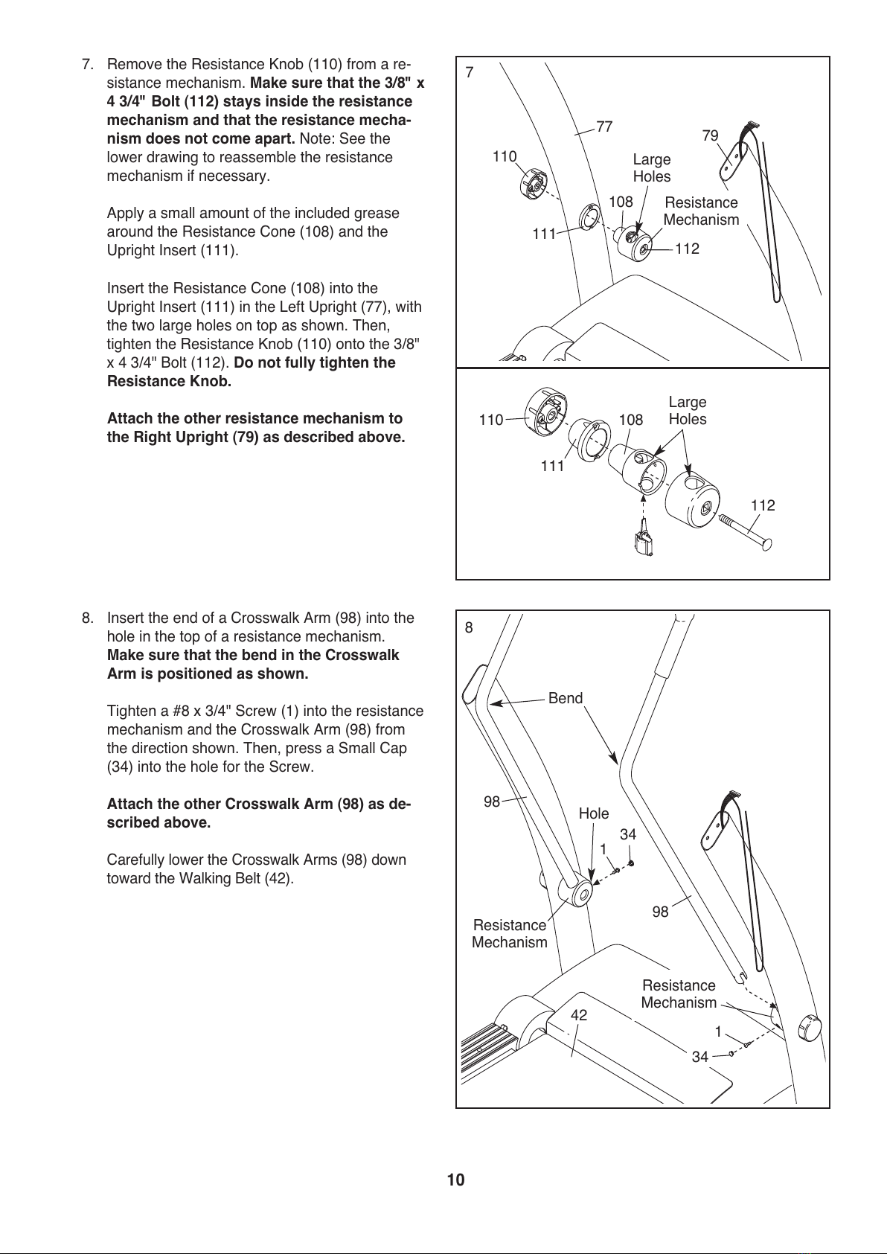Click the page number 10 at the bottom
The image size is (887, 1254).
pyautogui.click(x=455, y=1180)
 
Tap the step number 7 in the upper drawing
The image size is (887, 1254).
pyautogui.click(x=470, y=73)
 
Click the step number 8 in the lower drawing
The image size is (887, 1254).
pyautogui.click(x=469, y=627)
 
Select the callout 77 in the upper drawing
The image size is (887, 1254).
pyautogui.click(x=604, y=127)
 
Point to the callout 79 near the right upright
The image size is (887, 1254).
pyautogui.click(x=710, y=135)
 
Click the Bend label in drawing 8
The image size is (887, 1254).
pyautogui.click(x=566, y=698)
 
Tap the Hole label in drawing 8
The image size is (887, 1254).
pyautogui.click(x=594, y=813)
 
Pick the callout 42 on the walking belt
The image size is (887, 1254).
pyautogui.click(x=579, y=1015)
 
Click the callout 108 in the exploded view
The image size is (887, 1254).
pyautogui.click(x=631, y=420)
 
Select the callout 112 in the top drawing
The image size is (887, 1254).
pyautogui.click(x=688, y=249)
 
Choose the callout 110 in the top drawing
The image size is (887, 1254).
pyautogui.click(x=505, y=156)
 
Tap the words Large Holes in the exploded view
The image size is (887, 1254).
pyautogui.click(x=688, y=411)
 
